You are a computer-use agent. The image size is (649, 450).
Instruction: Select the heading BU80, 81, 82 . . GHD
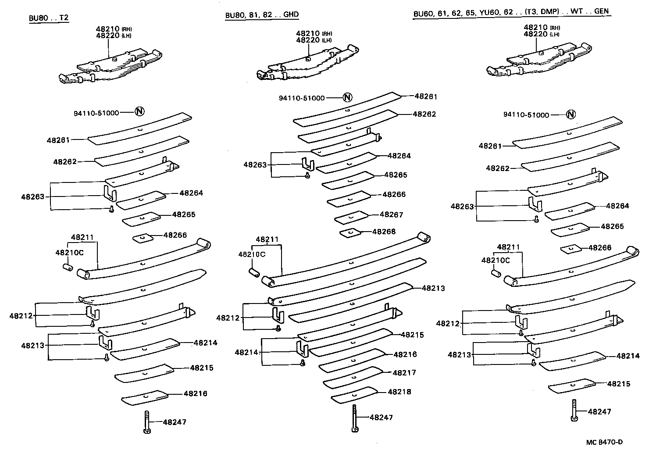coord(262,14)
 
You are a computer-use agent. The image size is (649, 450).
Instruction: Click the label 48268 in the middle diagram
coord(384,231)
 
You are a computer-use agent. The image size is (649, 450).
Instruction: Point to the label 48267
coord(391,214)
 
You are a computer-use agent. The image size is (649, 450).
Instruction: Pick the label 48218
coord(399,392)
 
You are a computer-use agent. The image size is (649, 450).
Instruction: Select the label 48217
coord(404,372)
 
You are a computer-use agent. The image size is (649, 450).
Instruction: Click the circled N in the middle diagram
coord(347,97)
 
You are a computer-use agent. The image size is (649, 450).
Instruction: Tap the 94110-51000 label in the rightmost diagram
coord(526,115)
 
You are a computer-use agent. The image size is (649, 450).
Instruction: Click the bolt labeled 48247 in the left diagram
coord(147,422)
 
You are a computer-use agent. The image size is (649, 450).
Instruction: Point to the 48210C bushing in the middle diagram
coord(254,272)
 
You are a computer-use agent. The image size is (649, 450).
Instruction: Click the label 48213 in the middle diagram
coord(433,288)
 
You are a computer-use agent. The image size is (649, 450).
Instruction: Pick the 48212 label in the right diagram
coord(447,324)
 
